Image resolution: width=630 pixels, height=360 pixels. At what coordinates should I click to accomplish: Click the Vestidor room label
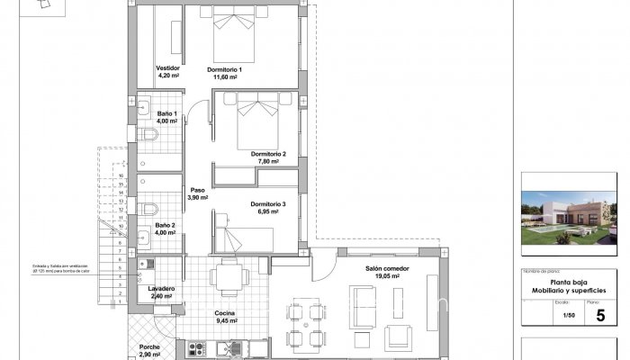click(x=168, y=68)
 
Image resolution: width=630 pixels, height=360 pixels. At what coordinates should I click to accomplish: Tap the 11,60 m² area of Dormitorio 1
click(x=225, y=77)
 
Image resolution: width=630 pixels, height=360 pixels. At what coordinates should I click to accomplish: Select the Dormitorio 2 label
click(x=268, y=154)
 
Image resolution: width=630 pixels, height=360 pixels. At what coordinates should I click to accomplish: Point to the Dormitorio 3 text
click(x=268, y=204)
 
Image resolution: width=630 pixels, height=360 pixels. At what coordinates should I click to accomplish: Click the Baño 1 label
click(x=167, y=114)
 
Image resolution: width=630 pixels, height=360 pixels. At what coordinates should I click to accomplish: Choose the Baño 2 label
click(x=166, y=225)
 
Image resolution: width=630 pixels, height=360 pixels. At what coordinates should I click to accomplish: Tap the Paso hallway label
click(x=197, y=190)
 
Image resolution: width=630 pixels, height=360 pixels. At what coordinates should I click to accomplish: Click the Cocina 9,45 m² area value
click(x=225, y=320)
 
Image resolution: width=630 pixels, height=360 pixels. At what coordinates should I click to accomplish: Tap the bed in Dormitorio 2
click(x=262, y=121)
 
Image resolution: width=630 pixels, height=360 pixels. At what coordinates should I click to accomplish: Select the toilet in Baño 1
click(x=151, y=135)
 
